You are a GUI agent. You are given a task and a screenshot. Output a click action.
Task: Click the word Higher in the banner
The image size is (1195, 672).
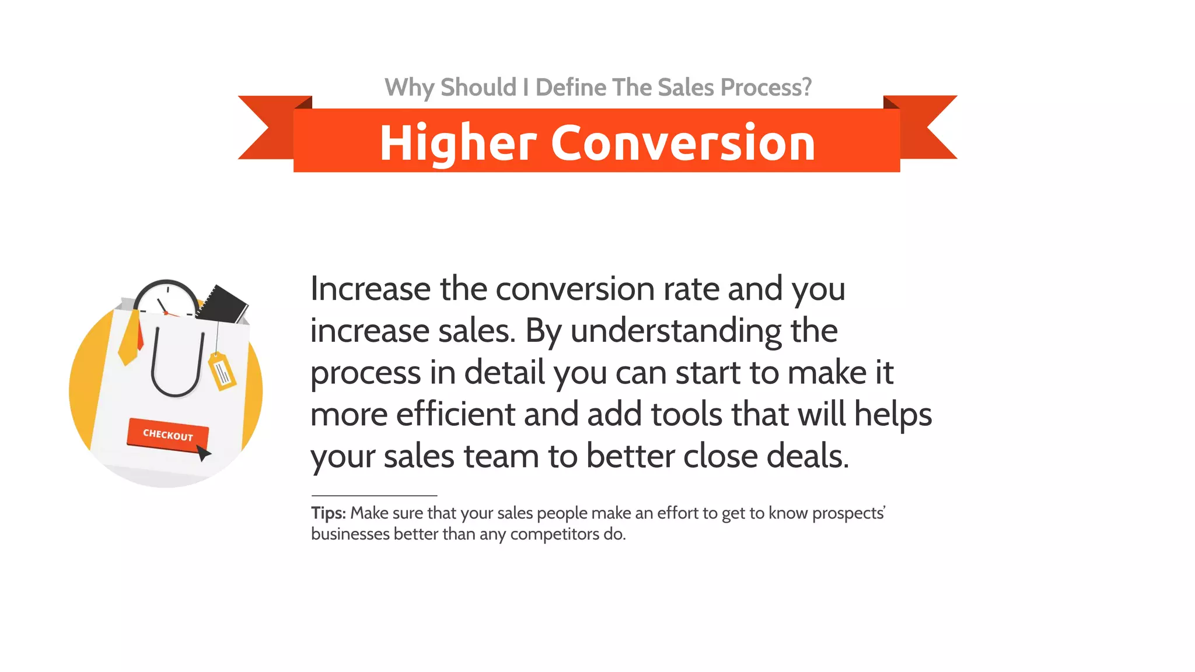[457, 143]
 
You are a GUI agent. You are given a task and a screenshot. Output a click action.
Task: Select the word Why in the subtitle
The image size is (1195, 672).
[409, 88]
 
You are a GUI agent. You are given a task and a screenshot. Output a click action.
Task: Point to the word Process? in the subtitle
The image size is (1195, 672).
[766, 88]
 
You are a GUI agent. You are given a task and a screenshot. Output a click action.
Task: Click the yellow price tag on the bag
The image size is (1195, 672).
[222, 371]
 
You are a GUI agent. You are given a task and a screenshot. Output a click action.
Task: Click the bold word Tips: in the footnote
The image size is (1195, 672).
[329, 513]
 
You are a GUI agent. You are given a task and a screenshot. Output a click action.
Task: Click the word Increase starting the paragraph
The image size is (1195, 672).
[370, 289]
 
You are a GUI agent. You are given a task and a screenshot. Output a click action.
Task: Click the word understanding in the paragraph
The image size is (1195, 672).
[676, 331]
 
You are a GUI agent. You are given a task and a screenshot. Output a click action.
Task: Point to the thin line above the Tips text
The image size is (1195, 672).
[374, 496]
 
